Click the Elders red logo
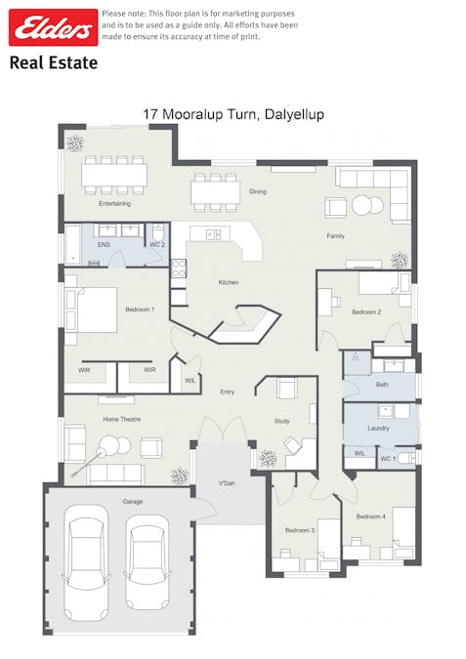(54, 27)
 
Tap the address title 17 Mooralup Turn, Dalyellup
(233, 114)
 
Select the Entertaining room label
(115, 203)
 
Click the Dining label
(258, 191)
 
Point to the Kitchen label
(229, 282)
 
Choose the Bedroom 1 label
(140, 309)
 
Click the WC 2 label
(157, 245)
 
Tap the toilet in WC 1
(406, 458)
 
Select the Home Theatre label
(122, 419)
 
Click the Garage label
(133, 502)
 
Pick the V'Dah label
(227, 483)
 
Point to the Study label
(281, 421)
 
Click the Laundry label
(378, 428)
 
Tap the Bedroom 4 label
(371, 516)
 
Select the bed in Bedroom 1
(91, 310)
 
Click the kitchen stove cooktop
(179, 268)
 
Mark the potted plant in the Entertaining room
(75, 144)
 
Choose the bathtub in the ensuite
(72, 245)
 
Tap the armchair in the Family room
(336, 208)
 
